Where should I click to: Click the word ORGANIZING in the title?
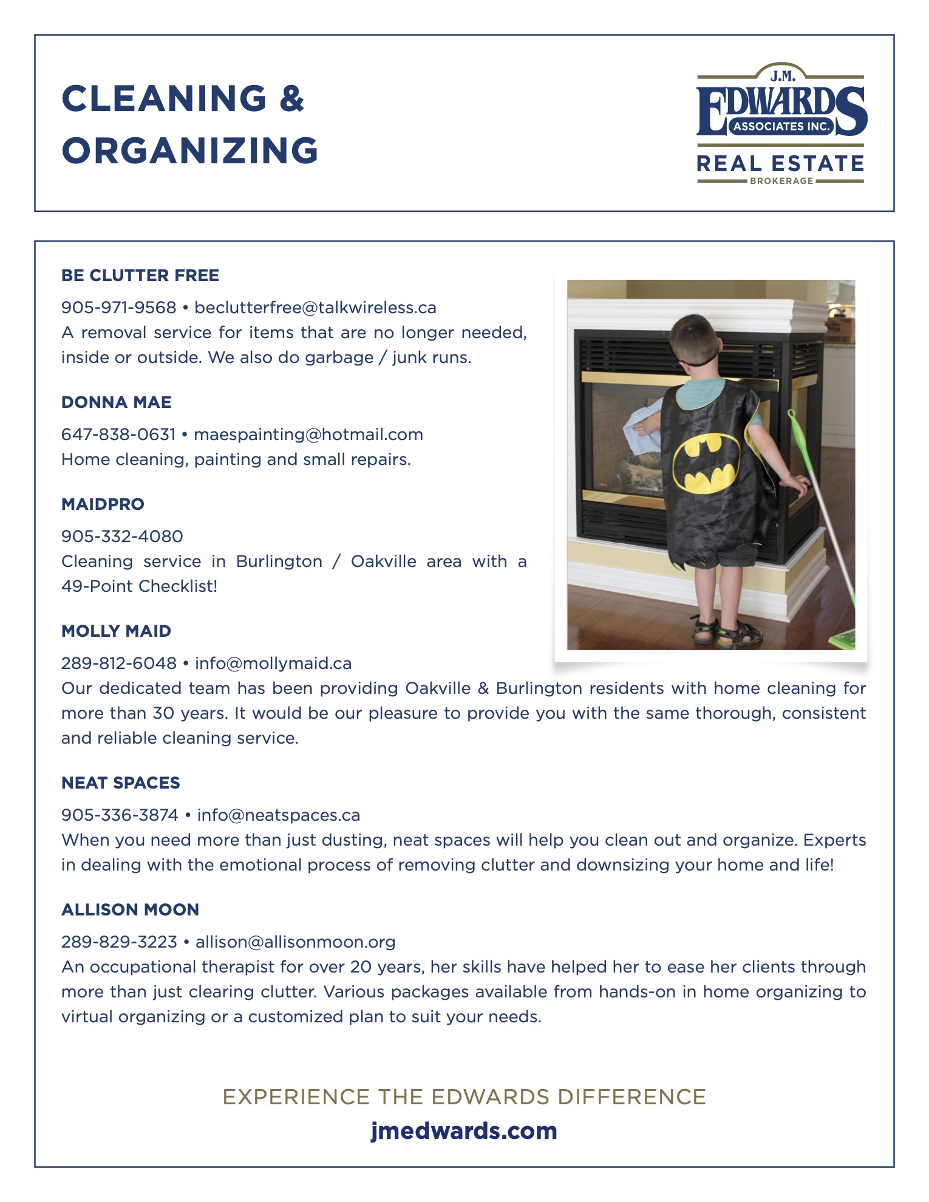(190, 151)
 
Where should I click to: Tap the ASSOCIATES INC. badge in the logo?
(781, 126)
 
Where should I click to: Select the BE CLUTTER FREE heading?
(140, 276)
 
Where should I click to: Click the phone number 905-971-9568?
(119, 308)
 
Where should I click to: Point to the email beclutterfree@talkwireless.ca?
(315, 308)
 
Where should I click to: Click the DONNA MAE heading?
(117, 402)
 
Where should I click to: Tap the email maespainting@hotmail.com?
(308, 435)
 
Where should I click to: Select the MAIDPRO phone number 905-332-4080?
(122, 537)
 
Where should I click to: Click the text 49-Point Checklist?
(139, 586)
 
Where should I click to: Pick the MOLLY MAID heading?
(116, 631)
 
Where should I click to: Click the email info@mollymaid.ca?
(273, 664)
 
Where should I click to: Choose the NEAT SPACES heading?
(121, 783)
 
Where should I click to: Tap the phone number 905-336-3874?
(120, 815)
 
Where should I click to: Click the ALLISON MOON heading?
(130, 910)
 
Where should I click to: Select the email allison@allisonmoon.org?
(296, 942)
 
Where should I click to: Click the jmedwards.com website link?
(464, 1131)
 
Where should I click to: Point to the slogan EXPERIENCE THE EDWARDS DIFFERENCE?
(464, 1097)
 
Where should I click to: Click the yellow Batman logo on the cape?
(707, 463)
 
